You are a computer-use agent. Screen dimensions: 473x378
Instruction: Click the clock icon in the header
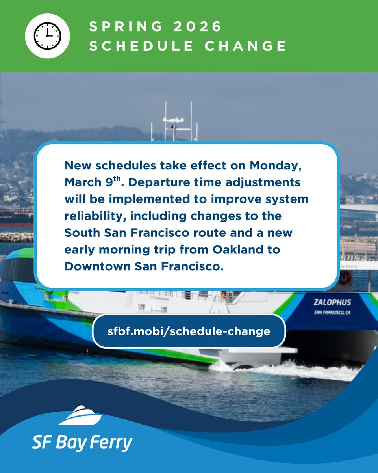coord(47,36)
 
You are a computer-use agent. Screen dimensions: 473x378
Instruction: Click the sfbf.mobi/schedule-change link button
coord(189,331)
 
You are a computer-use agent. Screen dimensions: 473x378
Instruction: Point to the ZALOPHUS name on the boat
coord(332,303)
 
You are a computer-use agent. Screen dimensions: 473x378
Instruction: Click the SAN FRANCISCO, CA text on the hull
coord(332,313)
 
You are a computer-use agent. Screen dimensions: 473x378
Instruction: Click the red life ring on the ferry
coord(345,277)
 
